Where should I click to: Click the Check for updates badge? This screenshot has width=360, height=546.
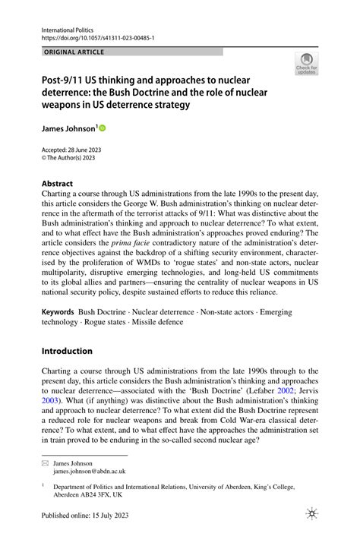tap(306, 64)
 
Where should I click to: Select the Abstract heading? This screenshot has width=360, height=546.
tap(57, 184)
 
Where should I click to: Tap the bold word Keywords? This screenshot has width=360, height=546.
tap(58, 312)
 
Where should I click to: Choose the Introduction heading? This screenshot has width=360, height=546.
tap(67, 351)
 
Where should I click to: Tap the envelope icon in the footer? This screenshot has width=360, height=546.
tap(45, 462)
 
